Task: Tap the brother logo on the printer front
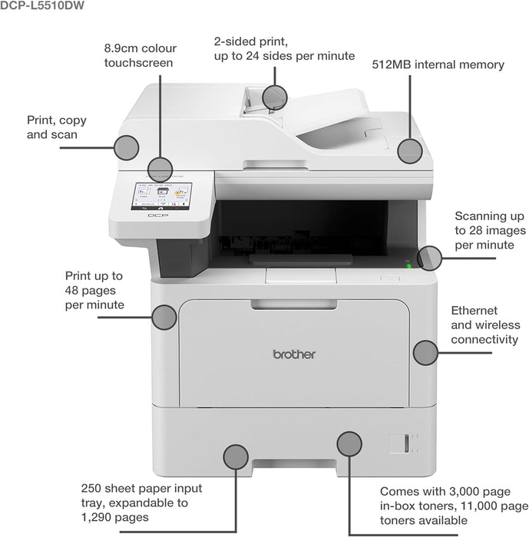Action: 294,354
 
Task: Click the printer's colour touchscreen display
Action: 162,196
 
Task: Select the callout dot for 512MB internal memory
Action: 411,150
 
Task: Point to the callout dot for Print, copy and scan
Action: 126,147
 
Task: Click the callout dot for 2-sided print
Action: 274,97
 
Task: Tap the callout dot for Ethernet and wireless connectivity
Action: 425,352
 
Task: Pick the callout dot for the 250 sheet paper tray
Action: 235,456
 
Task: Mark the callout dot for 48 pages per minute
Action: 164,317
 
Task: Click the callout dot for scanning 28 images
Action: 430,258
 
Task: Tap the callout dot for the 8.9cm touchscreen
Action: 160,169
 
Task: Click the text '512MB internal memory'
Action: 438,64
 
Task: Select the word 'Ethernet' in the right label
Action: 474,311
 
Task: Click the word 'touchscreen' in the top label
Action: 139,62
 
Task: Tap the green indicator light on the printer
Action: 408,267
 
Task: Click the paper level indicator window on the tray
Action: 397,443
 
